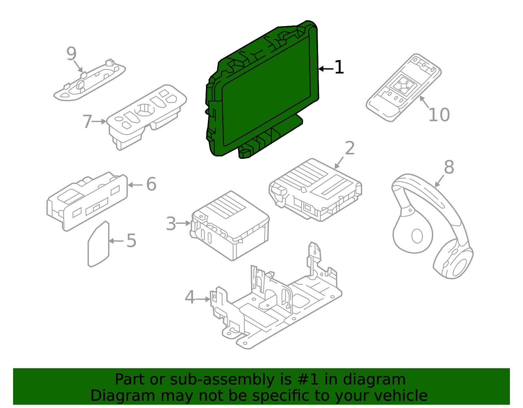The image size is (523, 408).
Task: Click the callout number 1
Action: [x=339, y=67]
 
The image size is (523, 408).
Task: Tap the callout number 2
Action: [x=350, y=148]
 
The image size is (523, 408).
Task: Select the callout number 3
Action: [x=171, y=224]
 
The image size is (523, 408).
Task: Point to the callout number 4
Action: [x=190, y=297]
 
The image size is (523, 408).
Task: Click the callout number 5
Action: [x=131, y=241]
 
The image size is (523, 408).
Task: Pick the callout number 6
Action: [x=151, y=184]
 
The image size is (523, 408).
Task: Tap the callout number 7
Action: [x=87, y=122]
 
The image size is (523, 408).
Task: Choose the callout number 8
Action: [x=449, y=167]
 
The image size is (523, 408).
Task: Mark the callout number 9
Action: [x=71, y=54]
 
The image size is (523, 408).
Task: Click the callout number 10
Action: [x=439, y=115]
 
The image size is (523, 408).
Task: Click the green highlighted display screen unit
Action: [x=265, y=91]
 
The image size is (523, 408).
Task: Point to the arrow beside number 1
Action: [x=326, y=69]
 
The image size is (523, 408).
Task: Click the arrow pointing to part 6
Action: [x=135, y=185]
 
